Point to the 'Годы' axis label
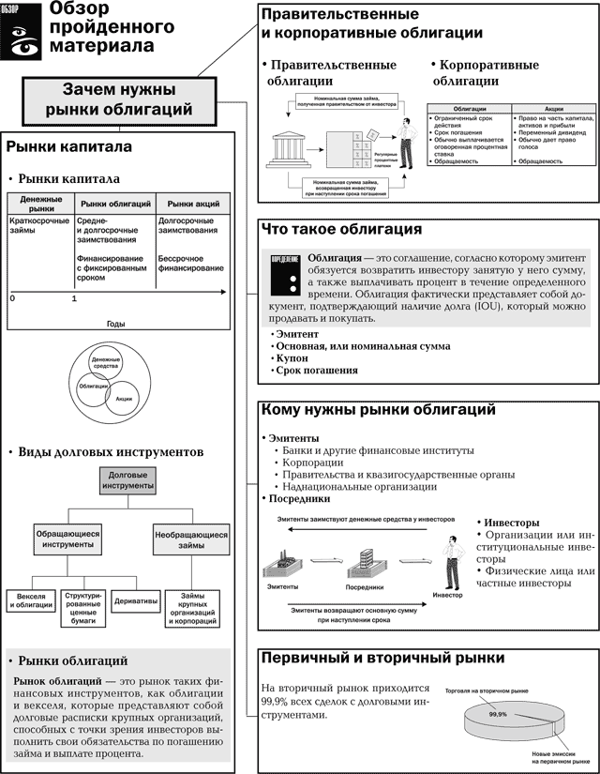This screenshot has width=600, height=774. (116, 323)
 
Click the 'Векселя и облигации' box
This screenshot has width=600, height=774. (31, 601)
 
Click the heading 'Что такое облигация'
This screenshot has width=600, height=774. (341, 229)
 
